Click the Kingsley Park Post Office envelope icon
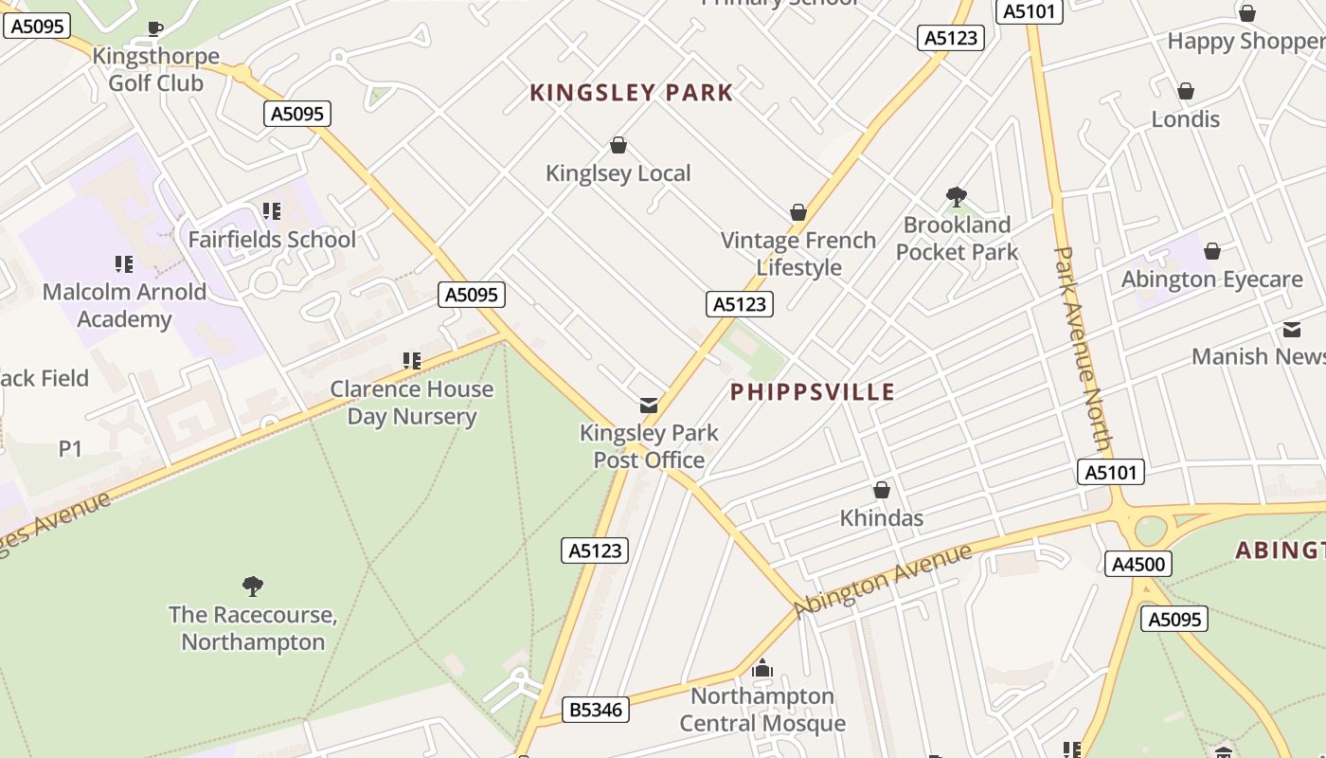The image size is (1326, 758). click(x=649, y=406)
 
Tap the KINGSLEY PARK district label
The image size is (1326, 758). click(x=631, y=93)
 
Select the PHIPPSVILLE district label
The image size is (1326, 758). click(x=813, y=392)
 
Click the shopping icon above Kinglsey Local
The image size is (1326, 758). click(x=618, y=145)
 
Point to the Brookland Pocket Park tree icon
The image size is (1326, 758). click(x=957, y=197)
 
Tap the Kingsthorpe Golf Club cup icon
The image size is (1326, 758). click(x=155, y=29)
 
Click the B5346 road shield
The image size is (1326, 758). click(x=597, y=709)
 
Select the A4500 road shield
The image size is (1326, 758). click(x=1138, y=565)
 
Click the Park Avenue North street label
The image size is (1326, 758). click(x=1082, y=349)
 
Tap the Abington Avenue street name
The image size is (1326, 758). click(x=883, y=579)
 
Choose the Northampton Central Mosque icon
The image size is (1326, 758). click(x=762, y=669)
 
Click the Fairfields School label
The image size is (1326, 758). click(x=272, y=239)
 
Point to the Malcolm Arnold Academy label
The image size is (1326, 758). click(x=124, y=305)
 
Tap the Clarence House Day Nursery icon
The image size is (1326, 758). click(x=412, y=360)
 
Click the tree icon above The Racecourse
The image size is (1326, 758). click(x=253, y=586)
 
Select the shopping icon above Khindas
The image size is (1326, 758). click(x=882, y=490)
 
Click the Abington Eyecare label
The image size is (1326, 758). click(x=1211, y=280)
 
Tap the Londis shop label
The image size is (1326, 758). click(x=1185, y=119)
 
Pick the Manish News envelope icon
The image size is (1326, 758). click(x=1292, y=330)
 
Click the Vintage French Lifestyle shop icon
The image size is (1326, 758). click(x=798, y=212)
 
